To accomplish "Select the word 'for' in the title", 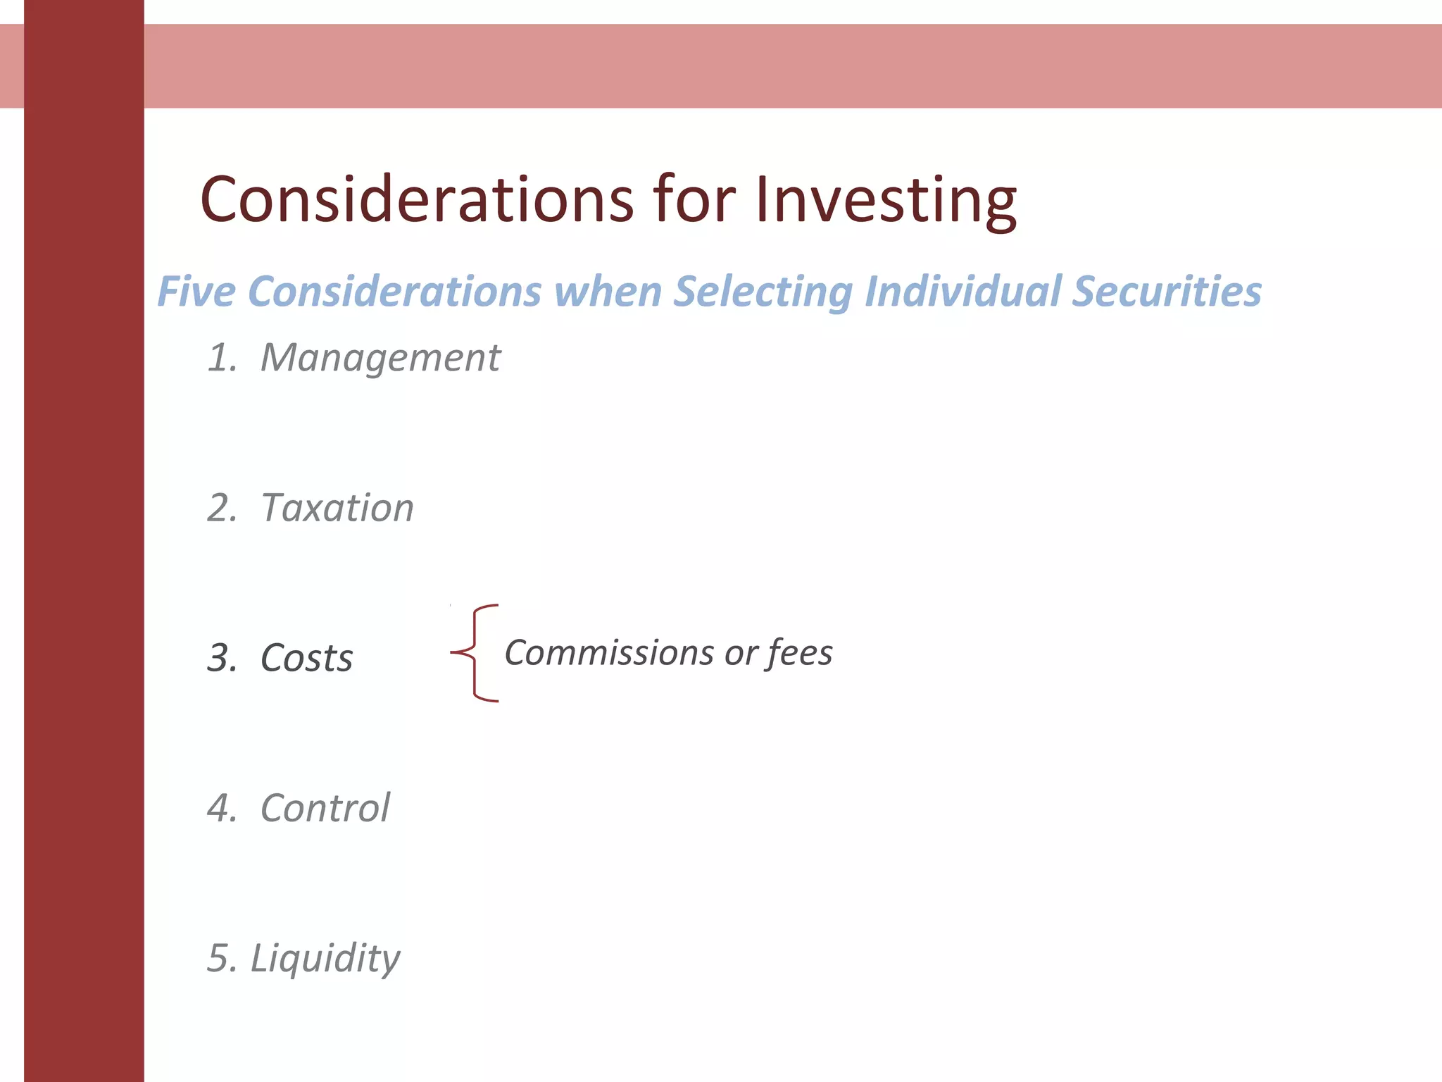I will [x=694, y=200].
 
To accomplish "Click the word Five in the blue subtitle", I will [x=196, y=292].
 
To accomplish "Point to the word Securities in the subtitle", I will [x=1166, y=292].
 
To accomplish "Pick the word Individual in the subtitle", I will [x=962, y=292].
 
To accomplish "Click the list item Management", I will [x=380, y=358].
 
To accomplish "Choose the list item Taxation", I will [x=337, y=508].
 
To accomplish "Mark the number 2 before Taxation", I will [x=221, y=508].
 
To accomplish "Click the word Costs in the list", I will [x=306, y=659].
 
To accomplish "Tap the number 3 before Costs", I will [x=221, y=659].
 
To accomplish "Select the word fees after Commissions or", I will [x=800, y=653].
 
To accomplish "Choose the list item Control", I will [x=325, y=808].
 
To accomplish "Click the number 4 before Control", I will [x=221, y=808].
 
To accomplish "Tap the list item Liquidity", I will [x=325, y=959].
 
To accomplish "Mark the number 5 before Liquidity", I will [x=220, y=959].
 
